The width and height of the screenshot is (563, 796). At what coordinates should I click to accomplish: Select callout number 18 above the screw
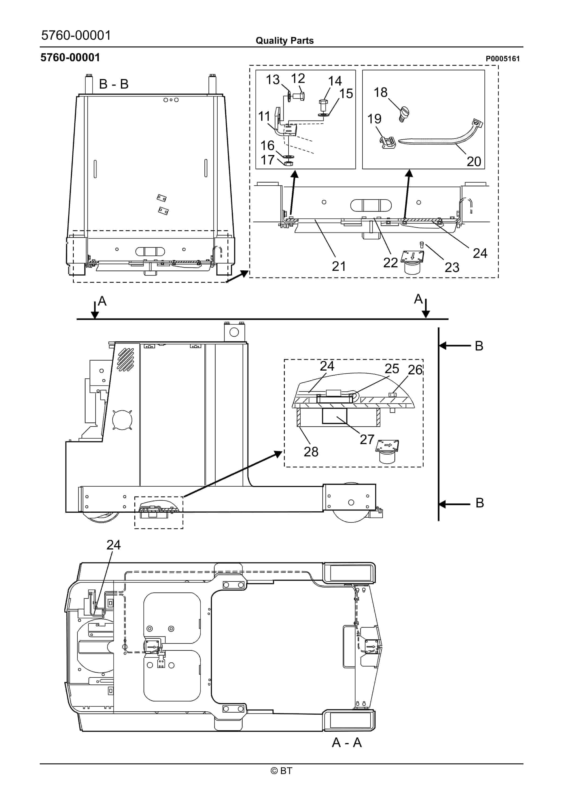(380, 93)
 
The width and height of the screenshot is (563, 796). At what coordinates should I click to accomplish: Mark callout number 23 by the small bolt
(452, 267)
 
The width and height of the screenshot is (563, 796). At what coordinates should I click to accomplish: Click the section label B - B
(114, 84)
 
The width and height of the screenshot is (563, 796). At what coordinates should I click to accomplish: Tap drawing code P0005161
(502, 59)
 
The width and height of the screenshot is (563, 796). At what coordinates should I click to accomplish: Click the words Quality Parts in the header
(284, 41)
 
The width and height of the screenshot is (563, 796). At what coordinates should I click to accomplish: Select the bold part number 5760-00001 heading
(70, 58)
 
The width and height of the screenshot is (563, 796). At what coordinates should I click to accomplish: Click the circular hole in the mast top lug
(234, 332)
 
